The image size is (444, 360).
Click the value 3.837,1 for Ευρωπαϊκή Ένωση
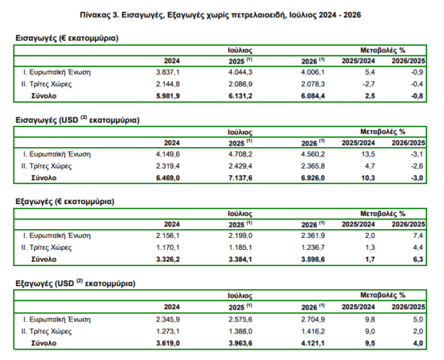point(168,72)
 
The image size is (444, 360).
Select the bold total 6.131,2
point(240,96)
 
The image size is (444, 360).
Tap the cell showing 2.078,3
point(313,84)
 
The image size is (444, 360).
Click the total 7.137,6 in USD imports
point(240,178)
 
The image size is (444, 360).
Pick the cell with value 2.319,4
point(168,166)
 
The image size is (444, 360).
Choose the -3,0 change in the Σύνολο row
point(417,178)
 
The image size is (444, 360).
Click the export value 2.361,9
point(313,236)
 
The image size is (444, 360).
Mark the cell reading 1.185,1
point(240,248)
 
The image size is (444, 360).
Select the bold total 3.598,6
point(313,259)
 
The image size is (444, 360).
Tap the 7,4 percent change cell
point(418,236)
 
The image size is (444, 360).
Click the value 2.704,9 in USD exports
point(313,319)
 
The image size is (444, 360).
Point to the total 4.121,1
point(313,343)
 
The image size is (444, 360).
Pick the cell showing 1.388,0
point(240,331)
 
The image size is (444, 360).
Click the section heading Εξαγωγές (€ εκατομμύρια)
point(65,202)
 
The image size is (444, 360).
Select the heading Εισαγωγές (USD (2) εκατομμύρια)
point(77,120)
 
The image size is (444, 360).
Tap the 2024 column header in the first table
point(172,61)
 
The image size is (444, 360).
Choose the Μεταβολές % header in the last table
point(383,295)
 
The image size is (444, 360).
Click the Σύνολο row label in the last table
point(44,343)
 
